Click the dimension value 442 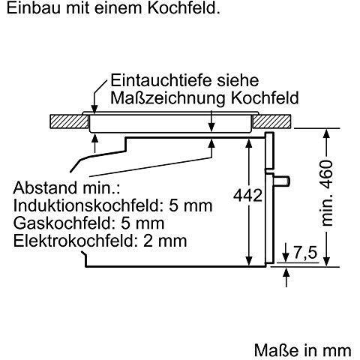coord(247,195)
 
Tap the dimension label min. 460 coord(327,193)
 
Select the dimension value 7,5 coord(305,253)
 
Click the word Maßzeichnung coord(168,98)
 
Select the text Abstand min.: coord(67,188)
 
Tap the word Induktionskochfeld coord(86,205)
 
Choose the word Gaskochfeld coord(62,223)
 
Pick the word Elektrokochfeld coord(76,241)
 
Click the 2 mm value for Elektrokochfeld coord(165,241)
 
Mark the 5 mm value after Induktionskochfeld coord(190,205)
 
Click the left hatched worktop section coord(69,121)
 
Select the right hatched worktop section coord(271,121)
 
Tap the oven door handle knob coord(283,181)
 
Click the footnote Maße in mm coord(303,350)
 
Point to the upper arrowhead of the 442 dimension coord(248,144)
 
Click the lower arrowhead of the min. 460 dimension coord(327,261)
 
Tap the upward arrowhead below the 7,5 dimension coord(286,272)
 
